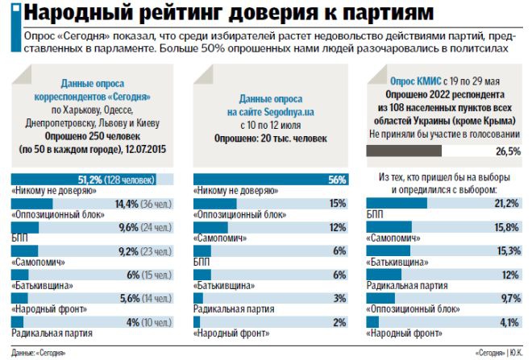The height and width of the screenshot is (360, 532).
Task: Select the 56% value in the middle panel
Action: (337, 180)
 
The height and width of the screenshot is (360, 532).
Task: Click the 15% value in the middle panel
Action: (338, 203)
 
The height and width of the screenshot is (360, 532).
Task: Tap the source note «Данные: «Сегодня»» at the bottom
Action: (39, 353)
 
